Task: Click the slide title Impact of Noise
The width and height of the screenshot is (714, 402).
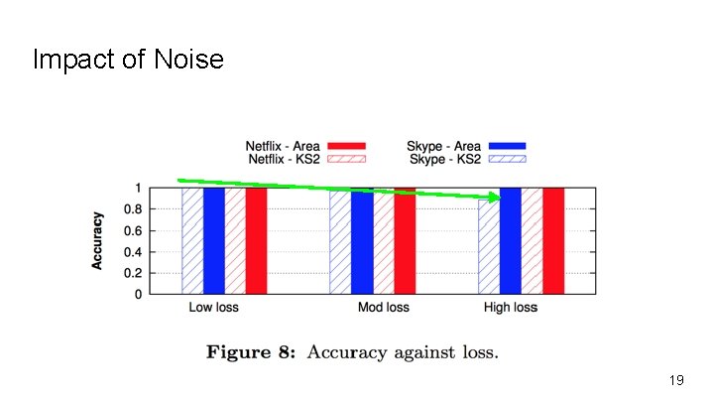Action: tap(128, 61)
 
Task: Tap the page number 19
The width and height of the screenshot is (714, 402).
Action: tap(677, 380)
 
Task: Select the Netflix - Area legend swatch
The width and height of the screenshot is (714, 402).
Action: tap(346, 146)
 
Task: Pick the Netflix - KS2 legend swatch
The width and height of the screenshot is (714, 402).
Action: tap(346, 159)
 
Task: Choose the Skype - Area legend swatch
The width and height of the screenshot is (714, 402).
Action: tap(506, 146)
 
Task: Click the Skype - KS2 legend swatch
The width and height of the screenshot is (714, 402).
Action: tap(506, 159)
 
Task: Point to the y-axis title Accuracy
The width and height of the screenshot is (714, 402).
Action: tap(98, 240)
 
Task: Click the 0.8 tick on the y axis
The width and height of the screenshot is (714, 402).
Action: tap(131, 209)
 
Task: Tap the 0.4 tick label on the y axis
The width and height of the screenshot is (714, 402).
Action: tap(131, 252)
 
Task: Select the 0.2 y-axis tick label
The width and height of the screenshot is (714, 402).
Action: tap(131, 273)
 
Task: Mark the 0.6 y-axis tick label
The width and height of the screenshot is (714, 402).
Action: tap(131, 230)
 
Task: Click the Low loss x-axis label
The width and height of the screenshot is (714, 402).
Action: tap(213, 308)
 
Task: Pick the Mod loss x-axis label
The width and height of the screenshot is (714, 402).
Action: tap(383, 308)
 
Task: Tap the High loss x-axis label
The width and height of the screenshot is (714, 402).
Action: tap(511, 308)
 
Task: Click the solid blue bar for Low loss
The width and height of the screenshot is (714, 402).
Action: tap(214, 240)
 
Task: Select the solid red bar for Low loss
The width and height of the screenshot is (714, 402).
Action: tap(256, 240)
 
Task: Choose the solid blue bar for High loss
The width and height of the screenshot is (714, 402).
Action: tap(511, 243)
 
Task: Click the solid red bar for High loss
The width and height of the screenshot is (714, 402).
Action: tap(553, 240)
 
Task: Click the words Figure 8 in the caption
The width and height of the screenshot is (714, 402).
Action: tap(250, 351)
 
